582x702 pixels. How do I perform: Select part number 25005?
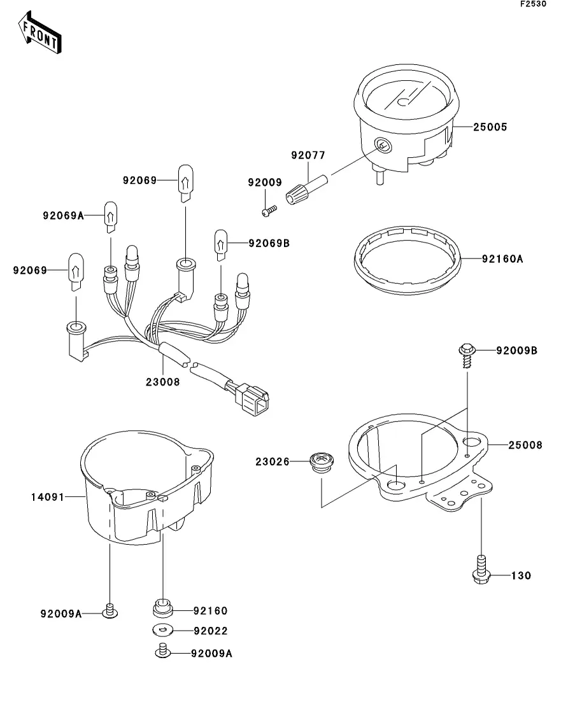point(490,127)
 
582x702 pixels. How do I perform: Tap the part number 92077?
point(308,155)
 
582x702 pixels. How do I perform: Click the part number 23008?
point(163,382)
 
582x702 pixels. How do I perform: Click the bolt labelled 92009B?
point(467,354)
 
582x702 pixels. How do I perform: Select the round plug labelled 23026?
point(322,461)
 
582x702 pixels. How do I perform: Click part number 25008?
point(525,446)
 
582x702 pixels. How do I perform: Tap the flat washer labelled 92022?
point(164,631)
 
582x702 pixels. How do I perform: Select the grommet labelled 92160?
point(164,607)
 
